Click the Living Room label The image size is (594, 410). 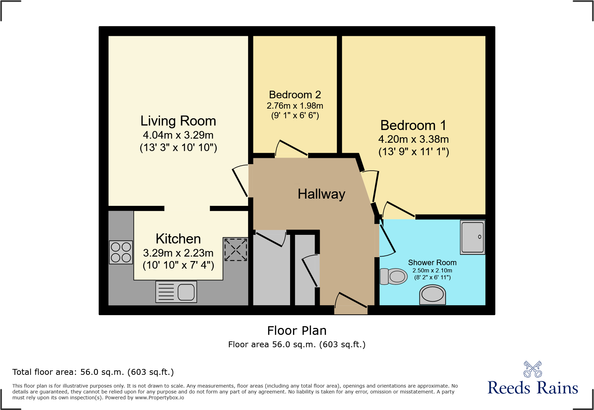178,121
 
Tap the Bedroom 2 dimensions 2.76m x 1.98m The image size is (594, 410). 295,106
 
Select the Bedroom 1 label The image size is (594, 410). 413,125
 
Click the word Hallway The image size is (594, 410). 321,194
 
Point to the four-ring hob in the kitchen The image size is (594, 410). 121,252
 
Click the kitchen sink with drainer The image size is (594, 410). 176,292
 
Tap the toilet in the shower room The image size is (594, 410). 394,276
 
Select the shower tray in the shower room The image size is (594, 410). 473,238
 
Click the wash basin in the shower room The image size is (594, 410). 433,295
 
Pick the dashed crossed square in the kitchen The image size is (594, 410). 236,249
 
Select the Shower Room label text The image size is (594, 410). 432,263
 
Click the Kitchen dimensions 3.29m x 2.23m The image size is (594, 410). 178,253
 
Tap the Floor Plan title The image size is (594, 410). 297,331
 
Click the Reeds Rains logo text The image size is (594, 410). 532,388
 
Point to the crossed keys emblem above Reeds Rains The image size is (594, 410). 533,369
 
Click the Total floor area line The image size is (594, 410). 93,372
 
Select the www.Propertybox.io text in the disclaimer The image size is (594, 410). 159,398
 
